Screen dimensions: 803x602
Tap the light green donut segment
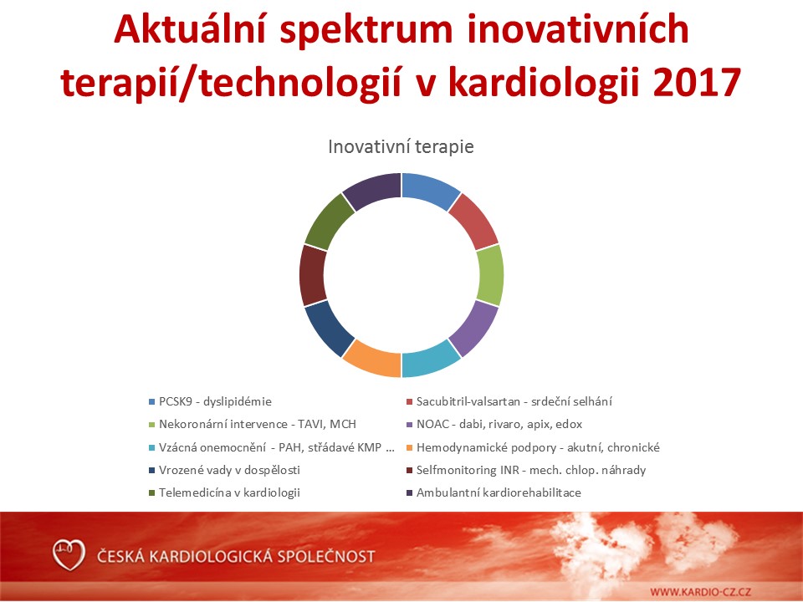tap(490, 275)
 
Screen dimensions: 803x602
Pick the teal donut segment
tap(429, 360)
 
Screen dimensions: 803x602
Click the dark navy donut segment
tap(328, 327)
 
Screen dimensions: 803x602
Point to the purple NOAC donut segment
tap(475, 327)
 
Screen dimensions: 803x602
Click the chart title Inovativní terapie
tap(401, 147)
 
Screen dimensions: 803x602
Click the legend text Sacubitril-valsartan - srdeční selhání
tap(514, 402)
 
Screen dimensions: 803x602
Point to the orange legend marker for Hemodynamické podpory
tap(409, 448)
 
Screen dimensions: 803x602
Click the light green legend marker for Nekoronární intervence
tap(151, 425)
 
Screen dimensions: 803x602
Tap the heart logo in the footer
tap(69, 555)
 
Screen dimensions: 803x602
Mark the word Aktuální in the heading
tap(191, 29)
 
